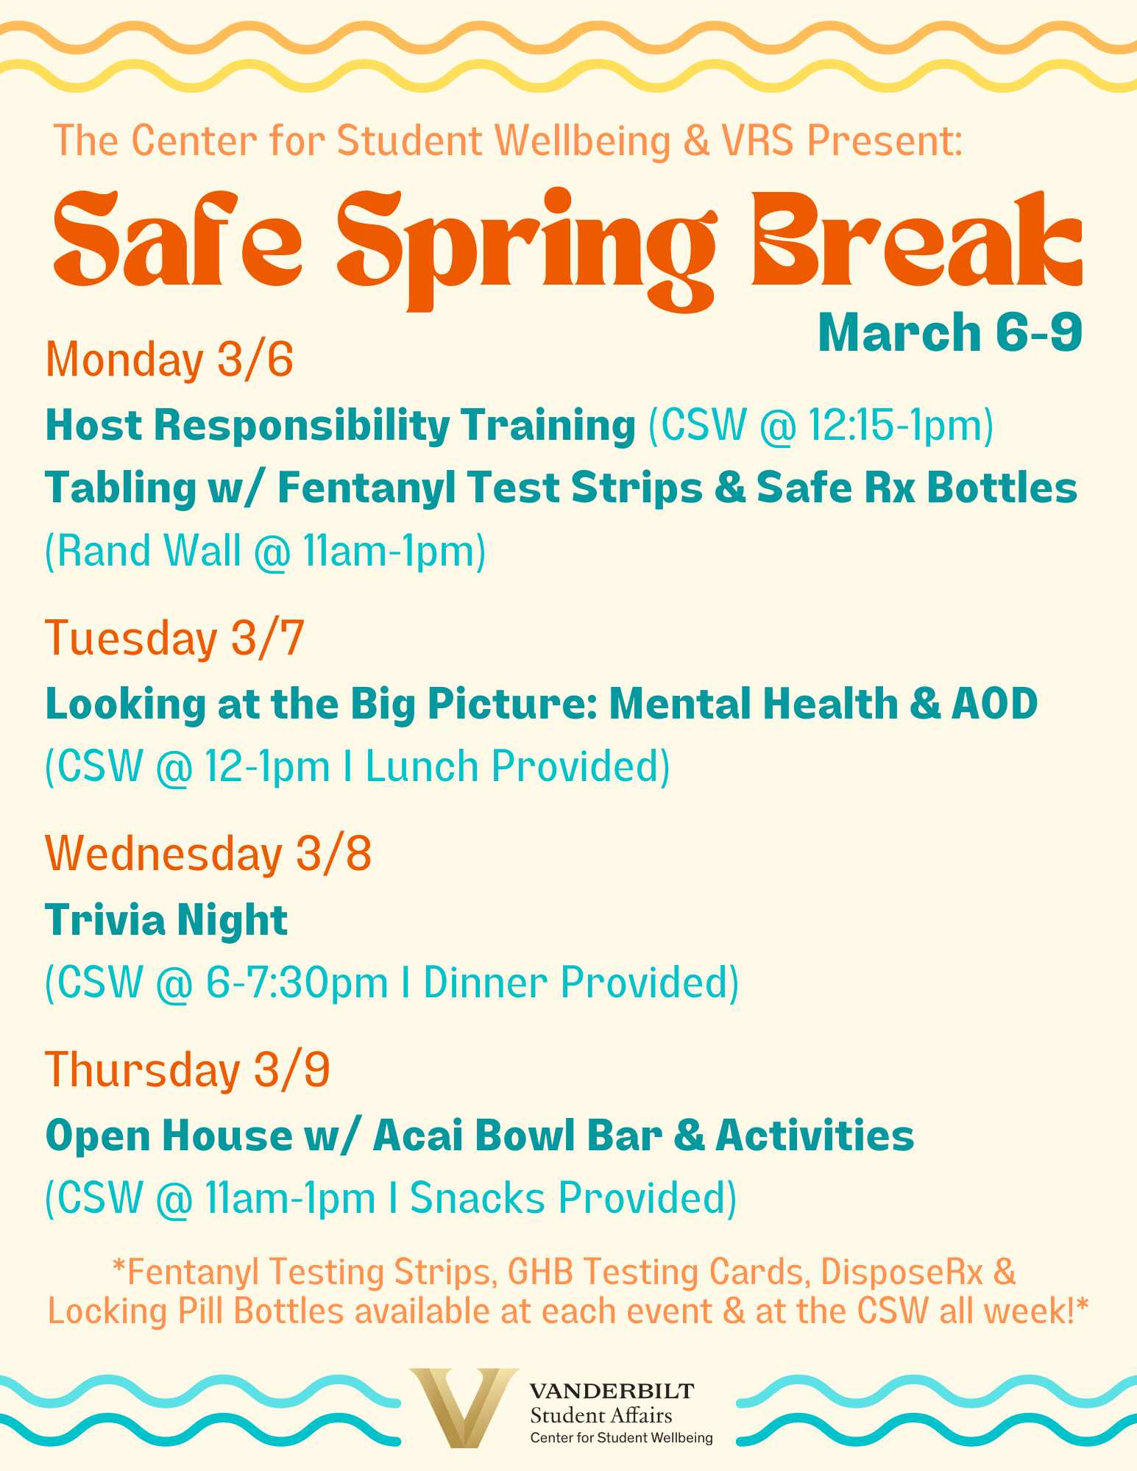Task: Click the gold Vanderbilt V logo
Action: pyautogui.click(x=464, y=1407)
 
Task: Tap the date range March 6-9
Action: pyautogui.click(x=950, y=333)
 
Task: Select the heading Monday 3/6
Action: pyautogui.click(x=170, y=360)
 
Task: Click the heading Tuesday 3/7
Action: pyautogui.click(x=175, y=638)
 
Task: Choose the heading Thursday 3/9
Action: pyautogui.click(x=188, y=1069)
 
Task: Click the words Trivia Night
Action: pyautogui.click(x=166, y=920)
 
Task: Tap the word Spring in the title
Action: pyautogui.click(x=527, y=246)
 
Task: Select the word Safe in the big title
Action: pyautogui.click(x=177, y=239)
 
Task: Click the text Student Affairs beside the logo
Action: pyautogui.click(x=601, y=1415)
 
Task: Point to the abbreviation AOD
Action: pyautogui.click(x=995, y=704)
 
